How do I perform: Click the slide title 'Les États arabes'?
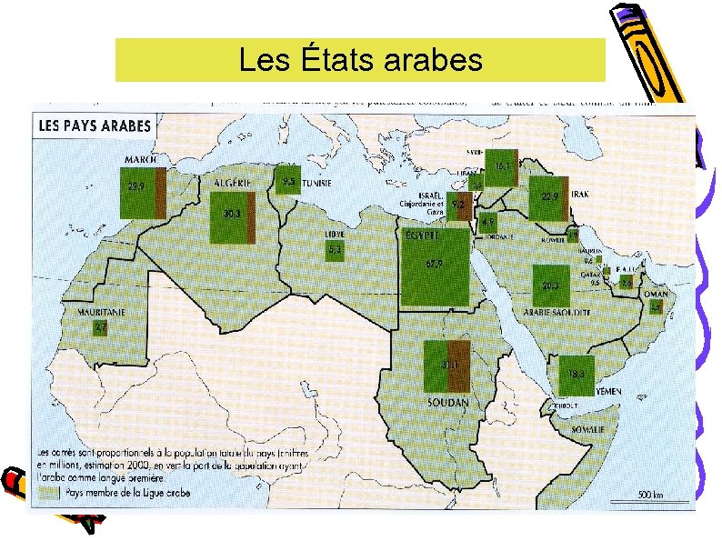click(x=360, y=60)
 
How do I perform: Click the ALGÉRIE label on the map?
click(x=234, y=182)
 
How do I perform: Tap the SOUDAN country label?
click(x=448, y=401)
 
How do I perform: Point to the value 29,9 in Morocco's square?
click(x=137, y=185)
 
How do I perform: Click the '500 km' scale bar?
click(x=649, y=496)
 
